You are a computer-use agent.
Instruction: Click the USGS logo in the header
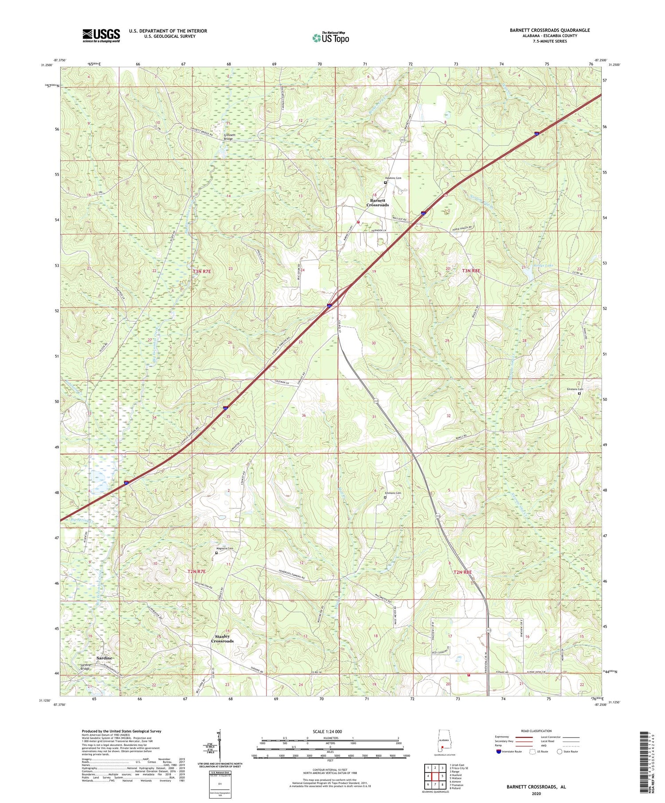[x=101, y=35]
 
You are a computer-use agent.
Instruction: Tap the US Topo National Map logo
[x=330, y=38]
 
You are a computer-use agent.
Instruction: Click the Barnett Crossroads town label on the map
[x=378, y=202]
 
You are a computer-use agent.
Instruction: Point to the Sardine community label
[x=102, y=658]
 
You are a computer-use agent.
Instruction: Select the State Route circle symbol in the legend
[x=560, y=752]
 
